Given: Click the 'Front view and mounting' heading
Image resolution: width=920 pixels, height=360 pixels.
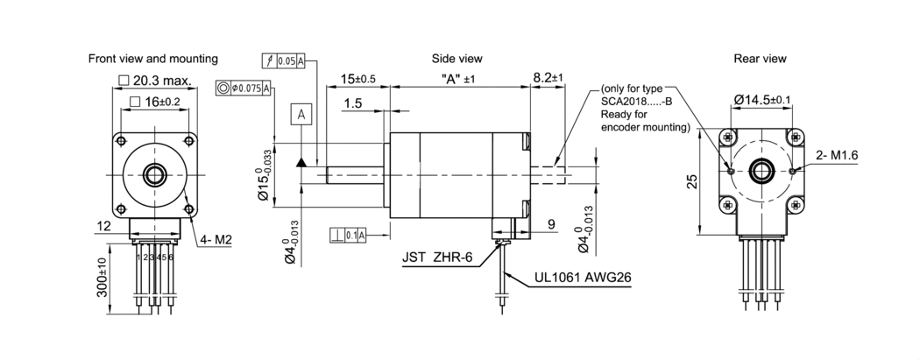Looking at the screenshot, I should (x=153, y=59).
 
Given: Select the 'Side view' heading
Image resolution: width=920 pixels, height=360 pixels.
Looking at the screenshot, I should (x=456, y=59).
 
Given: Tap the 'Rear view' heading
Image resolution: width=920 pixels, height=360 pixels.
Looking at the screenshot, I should (x=760, y=59).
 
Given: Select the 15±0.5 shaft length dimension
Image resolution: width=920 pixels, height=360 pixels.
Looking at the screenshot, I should (x=359, y=79).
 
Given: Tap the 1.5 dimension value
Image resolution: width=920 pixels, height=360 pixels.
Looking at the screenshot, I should (x=353, y=104).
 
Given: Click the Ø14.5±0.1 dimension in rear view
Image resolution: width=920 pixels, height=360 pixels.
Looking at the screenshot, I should (x=762, y=100).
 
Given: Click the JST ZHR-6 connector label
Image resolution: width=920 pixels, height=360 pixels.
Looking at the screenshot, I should (x=439, y=258).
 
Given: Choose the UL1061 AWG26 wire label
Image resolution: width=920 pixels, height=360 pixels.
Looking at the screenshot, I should (x=583, y=280).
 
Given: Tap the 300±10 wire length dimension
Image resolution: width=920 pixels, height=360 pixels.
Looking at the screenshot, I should (x=103, y=276).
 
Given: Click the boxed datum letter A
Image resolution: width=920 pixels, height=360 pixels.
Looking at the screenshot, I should (x=301, y=115).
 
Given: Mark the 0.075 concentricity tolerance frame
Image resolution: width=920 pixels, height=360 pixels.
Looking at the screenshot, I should (x=244, y=88).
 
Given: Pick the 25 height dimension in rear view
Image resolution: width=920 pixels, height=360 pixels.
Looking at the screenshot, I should (x=692, y=181).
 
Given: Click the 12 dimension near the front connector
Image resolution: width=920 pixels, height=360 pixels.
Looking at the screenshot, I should (x=103, y=226).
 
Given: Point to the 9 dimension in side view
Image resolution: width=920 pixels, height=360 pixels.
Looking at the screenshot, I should (x=550, y=224).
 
